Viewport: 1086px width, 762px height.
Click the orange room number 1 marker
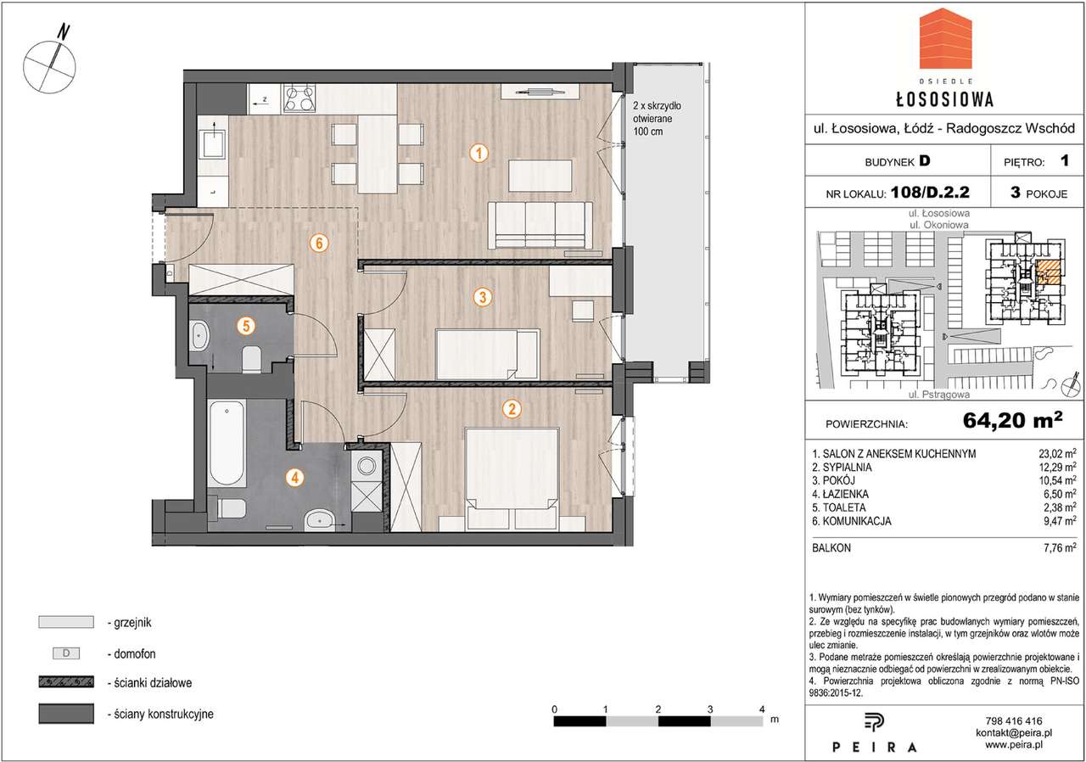(x=479, y=154)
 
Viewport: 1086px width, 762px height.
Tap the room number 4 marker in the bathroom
(x=294, y=478)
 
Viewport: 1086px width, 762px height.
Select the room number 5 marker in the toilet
(x=246, y=326)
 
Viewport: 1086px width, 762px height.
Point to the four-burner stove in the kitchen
(x=299, y=98)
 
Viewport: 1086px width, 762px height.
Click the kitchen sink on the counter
(x=212, y=138)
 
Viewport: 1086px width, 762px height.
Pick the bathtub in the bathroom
(x=227, y=443)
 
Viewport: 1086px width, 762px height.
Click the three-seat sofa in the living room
(x=540, y=225)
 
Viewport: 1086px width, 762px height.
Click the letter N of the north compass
(x=64, y=32)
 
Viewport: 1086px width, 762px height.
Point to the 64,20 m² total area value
(x=1012, y=420)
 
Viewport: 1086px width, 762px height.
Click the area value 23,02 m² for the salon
(x=1057, y=454)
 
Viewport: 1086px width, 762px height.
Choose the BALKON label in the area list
(x=831, y=548)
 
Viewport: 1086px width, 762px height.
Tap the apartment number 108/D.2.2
(x=930, y=193)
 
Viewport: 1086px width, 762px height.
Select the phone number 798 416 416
(x=1014, y=721)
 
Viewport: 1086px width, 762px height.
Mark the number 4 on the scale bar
(x=762, y=709)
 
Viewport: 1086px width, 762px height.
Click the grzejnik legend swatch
(x=66, y=622)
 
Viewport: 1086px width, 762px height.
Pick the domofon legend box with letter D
(x=66, y=653)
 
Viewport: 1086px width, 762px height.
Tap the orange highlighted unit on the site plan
(x=1049, y=271)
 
